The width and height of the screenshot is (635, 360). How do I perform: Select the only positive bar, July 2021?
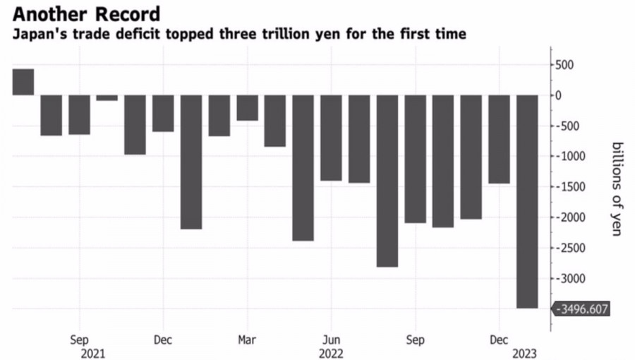[x=23, y=82]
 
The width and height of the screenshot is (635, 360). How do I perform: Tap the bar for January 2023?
[x=527, y=201]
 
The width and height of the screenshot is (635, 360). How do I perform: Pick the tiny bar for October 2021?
[x=107, y=98]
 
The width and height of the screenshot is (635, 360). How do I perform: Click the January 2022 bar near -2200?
[x=191, y=162]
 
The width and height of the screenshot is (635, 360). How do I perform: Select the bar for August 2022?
[x=387, y=181]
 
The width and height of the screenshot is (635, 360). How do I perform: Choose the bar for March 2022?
[x=247, y=108]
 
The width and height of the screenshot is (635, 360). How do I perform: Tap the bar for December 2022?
[x=499, y=139]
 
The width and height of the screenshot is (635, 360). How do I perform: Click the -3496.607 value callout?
[x=582, y=309]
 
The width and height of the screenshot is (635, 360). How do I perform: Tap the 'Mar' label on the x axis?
[x=247, y=338]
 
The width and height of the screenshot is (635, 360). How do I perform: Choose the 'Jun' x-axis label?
[x=331, y=338]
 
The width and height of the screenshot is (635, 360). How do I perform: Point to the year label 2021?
[x=93, y=353]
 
